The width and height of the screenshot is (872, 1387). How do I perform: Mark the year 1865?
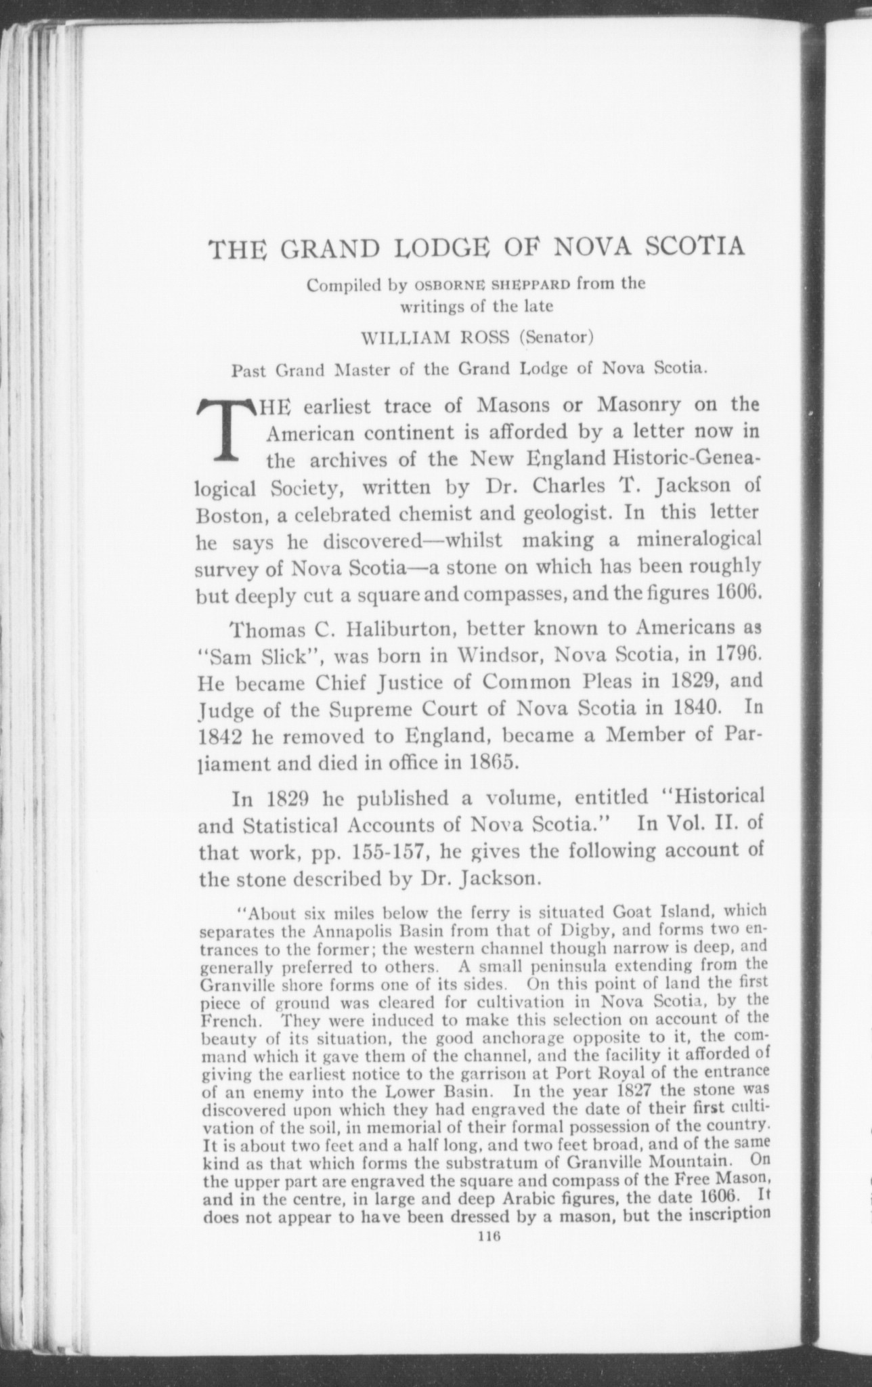tap(494, 763)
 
